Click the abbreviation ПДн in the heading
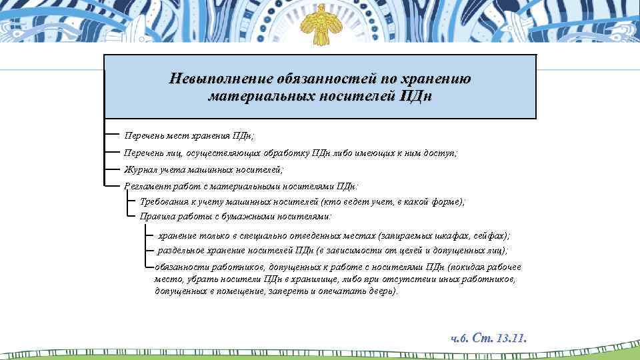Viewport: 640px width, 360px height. point(415,96)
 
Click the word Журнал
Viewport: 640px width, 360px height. point(139,170)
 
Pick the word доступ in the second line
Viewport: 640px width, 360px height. point(440,153)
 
